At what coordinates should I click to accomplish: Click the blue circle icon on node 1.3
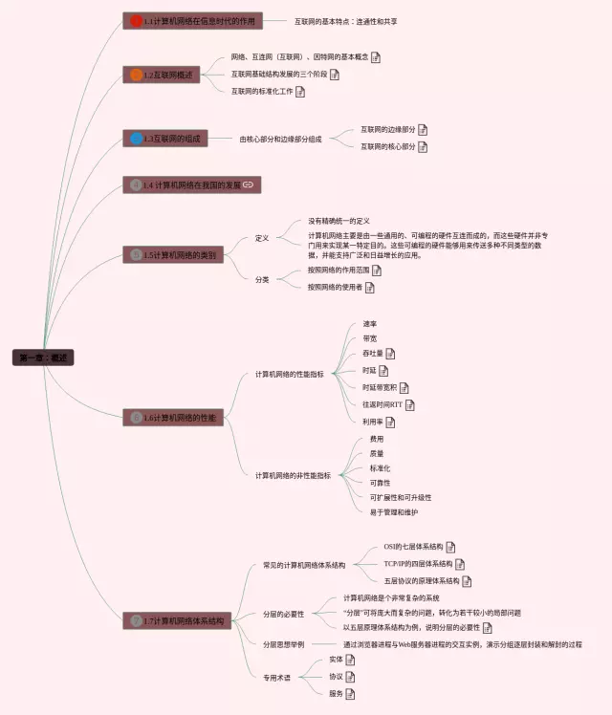point(136,139)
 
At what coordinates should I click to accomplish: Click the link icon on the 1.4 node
point(248,184)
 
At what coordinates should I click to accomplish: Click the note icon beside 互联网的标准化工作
point(300,92)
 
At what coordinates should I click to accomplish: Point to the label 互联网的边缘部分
point(387,130)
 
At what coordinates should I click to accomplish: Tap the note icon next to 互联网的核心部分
point(423,147)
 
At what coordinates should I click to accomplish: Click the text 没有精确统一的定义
point(339,221)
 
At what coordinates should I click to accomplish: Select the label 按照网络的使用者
point(334,287)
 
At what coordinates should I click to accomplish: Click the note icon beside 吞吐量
point(390,354)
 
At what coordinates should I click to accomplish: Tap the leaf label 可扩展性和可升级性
point(401,497)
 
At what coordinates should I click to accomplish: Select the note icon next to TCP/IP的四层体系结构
point(458,564)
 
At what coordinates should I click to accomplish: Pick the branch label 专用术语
point(276,678)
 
